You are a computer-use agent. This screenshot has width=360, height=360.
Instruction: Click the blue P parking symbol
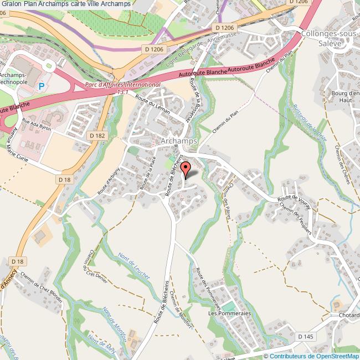tap(42, 86)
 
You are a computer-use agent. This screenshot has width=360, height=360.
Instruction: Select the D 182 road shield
tap(97, 135)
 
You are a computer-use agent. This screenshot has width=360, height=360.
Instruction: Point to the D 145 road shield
tap(305, 336)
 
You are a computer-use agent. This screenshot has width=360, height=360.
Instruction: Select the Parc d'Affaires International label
tap(123, 84)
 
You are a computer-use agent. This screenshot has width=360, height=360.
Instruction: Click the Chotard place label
tap(348, 316)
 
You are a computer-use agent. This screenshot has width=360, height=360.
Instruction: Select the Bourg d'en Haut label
tap(348, 97)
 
